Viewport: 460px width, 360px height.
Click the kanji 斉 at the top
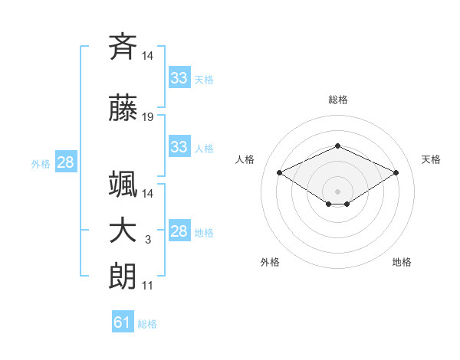point(123,47)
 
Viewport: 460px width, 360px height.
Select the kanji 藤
point(123,107)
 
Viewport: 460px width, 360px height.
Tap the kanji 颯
point(123,184)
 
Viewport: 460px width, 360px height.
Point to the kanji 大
point(123,231)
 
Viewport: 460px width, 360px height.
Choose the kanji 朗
point(123,277)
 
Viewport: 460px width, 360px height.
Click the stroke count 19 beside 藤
point(147,117)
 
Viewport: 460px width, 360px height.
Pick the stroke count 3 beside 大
point(148,240)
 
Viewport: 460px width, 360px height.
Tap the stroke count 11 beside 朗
point(147,286)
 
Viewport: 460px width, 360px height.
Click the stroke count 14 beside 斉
point(147,56)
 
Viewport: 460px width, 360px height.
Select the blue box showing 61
point(123,321)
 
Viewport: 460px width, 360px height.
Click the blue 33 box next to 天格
point(179,77)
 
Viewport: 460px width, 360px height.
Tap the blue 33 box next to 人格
point(179,146)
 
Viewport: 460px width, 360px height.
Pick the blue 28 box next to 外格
point(66,162)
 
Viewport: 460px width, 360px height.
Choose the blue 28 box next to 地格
point(179,230)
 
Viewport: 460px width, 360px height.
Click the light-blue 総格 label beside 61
point(147,324)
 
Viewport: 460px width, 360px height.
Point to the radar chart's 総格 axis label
point(338,100)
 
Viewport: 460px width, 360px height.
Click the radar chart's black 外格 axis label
point(270,262)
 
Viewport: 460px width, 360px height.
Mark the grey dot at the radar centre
point(337,191)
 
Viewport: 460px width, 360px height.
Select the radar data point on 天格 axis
point(396,172)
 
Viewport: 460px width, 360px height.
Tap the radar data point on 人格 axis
point(279,172)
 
